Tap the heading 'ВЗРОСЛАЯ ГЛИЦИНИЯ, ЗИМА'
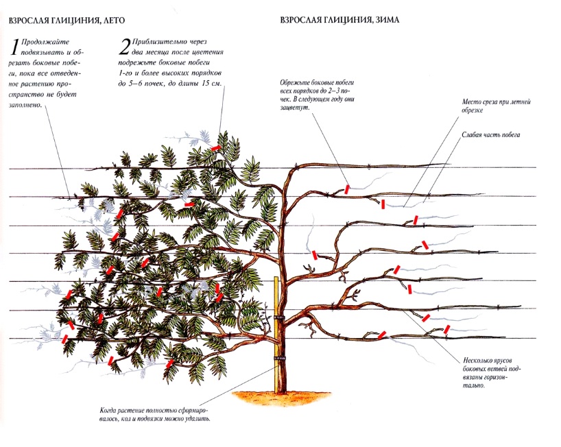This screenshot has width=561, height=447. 340,21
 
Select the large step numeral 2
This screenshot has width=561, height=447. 124,47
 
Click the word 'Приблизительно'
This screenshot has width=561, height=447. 156,42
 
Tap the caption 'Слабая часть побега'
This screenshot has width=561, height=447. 492,135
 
